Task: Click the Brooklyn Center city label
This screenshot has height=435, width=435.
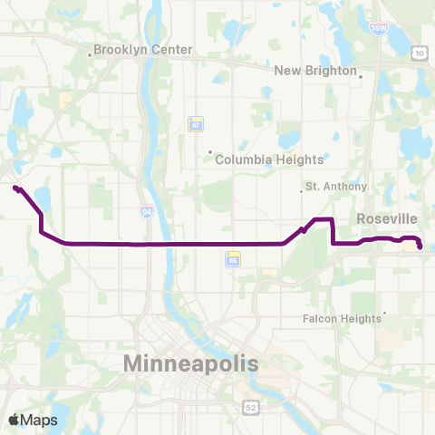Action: click(143, 50)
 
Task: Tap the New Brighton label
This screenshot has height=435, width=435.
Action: click(316, 70)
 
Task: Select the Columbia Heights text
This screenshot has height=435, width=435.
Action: click(269, 159)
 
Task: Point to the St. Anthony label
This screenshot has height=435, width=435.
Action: click(336, 187)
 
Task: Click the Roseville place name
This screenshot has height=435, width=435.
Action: click(387, 218)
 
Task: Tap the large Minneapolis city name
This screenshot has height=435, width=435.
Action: click(190, 363)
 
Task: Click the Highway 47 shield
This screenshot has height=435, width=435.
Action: click(195, 123)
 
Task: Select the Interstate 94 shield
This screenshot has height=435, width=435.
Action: click(146, 211)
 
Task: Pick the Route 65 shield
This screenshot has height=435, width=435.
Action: click(233, 259)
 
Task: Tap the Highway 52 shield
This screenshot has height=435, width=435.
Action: click(250, 408)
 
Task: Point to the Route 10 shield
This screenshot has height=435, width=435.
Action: click(419, 54)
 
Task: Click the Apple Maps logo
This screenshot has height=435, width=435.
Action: click(34, 420)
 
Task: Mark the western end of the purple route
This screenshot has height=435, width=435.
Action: click(15, 188)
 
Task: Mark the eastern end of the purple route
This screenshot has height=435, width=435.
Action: click(420, 246)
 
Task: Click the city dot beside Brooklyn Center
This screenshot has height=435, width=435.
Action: click(90, 54)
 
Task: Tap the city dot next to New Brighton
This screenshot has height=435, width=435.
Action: click(361, 77)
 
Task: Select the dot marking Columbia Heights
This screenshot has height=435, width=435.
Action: click(210, 152)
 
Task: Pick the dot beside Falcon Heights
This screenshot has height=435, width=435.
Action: click(385, 314)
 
